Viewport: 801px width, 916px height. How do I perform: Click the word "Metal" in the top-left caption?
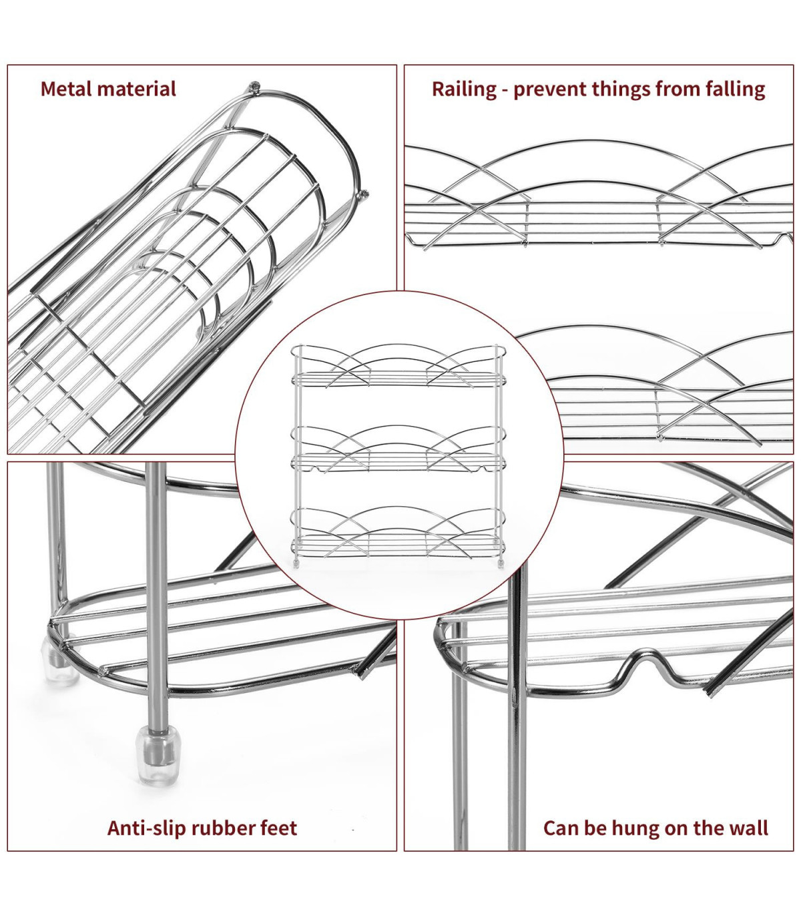[x=66, y=89]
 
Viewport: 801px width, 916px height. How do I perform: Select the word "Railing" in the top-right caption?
[x=464, y=89]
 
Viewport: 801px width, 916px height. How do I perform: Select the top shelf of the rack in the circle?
[x=397, y=378]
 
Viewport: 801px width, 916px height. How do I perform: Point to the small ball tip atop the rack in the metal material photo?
[x=254, y=85]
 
